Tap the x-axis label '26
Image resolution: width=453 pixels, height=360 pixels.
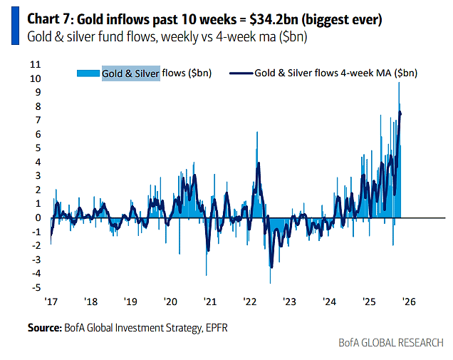409,302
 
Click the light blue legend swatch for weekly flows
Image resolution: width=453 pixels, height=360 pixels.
88,73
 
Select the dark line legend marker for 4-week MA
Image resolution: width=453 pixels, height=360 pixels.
241,73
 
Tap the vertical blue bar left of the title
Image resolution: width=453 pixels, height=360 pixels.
14,26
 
